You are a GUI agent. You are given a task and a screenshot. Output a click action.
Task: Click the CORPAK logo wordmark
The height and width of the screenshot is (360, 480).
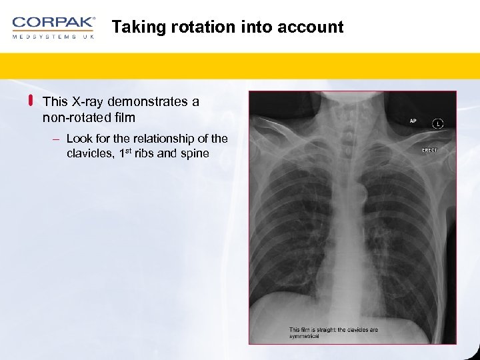click(53, 22)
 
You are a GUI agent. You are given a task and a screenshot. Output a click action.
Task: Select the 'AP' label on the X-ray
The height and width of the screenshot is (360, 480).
click(413, 121)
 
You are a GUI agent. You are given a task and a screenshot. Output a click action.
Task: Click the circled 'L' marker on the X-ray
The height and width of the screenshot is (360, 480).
click(437, 123)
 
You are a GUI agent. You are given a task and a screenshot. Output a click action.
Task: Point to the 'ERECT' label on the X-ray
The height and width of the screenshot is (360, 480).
click(429, 150)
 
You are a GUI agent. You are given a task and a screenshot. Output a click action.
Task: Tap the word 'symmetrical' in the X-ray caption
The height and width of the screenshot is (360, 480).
click(305, 336)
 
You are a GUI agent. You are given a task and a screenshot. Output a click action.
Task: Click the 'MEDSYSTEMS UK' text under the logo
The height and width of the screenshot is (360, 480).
click(53, 37)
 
